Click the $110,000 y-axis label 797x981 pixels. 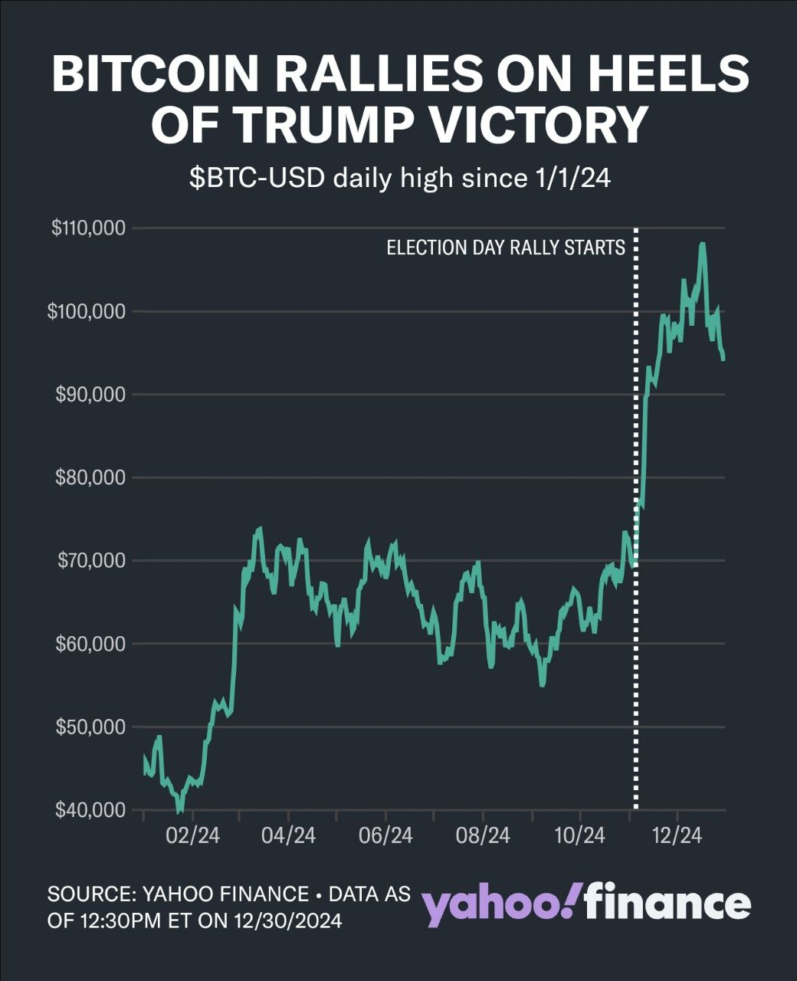[88, 228]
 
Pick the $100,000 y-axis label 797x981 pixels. [87, 311]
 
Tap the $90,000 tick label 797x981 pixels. [90, 395]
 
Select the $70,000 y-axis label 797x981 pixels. [90, 560]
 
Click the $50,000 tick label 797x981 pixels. [90, 727]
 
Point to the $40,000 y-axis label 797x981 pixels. [90, 809]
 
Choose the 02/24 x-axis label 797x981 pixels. [192, 835]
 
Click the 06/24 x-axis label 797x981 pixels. [385, 835]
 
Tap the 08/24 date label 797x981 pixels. [483, 835]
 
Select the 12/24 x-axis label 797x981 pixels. [677, 835]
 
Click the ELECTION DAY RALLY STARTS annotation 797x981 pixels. [506, 248]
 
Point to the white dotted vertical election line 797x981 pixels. [636, 460]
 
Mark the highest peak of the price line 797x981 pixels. [702, 245]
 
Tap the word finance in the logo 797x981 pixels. [667, 902]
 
